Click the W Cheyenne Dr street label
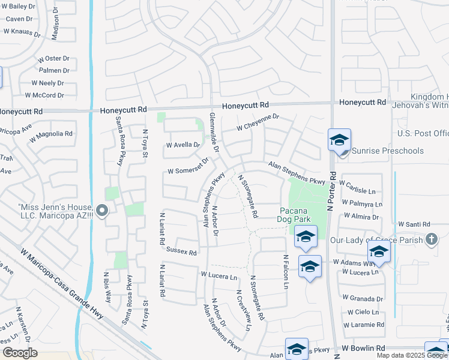[x=258, y=123]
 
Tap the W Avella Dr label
[x=183, y=145]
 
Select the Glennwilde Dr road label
[x=214, y=131]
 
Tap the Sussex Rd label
[x=181, y=252]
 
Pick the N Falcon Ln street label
[x=286, y=271]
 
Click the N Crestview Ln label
[x=243, y=310]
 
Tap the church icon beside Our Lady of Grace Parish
[x=431, y=241]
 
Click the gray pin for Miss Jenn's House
[x=102, y=211]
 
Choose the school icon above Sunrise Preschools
[x=339, y=140]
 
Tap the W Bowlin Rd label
[x=363, y=348]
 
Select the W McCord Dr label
[x=44, y=95]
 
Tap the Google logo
[x=20, y=353]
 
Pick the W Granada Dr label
[x=363, y=298]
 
